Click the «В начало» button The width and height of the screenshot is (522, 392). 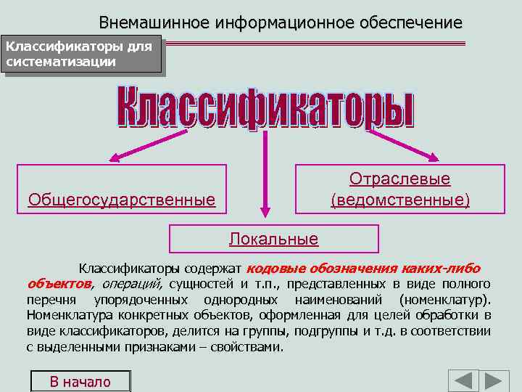tap(80, 382)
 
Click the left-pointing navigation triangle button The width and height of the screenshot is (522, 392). tap(463, 381)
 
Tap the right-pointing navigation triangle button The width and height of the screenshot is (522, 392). tap(497, 381)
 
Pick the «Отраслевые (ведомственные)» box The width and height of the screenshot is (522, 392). tap(400, 189)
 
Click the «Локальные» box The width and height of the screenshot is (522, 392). tap(274, 238)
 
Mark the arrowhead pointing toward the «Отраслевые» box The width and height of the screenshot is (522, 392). tap(432, 156)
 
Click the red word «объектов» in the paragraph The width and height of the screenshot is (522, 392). tap(59, 283)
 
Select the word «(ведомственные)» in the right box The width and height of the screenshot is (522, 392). tap(400, 199)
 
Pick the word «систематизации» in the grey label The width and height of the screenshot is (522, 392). tap(61, 62)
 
